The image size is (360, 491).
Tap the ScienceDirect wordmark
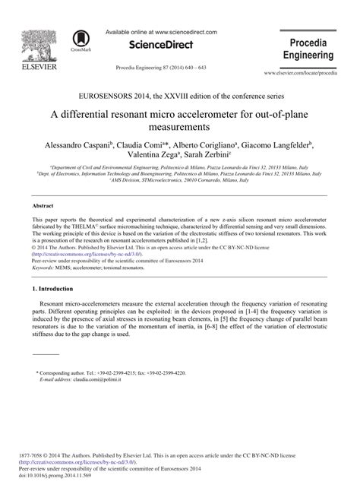click(160, 46)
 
